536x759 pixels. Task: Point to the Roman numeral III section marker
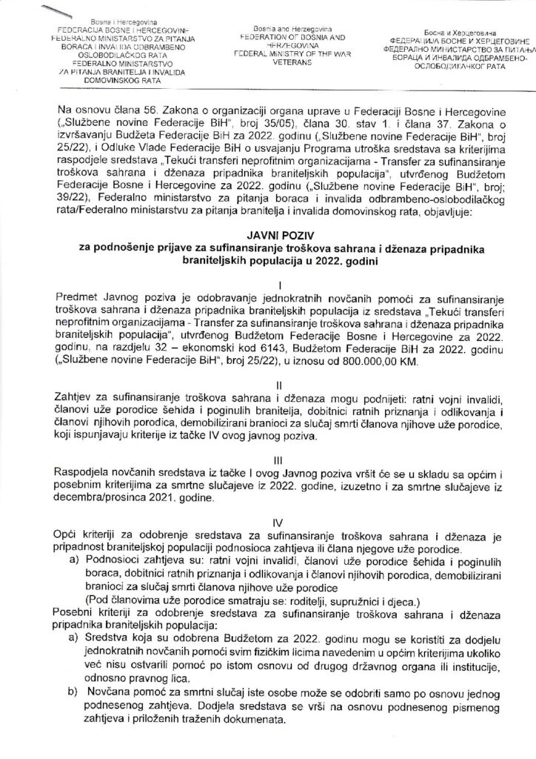(x=268, y=459)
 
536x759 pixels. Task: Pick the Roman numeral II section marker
(x=268, y=386)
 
